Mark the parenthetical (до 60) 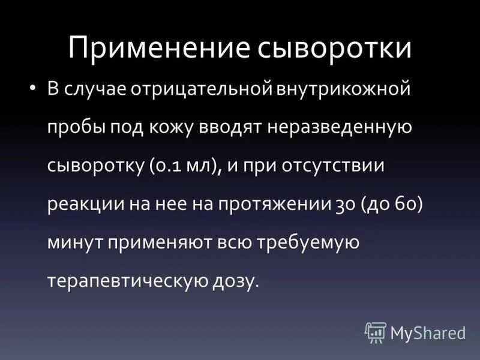pyautogui.click(x=392, y=204)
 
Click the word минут pyautogui.click(x=71, y=242)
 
